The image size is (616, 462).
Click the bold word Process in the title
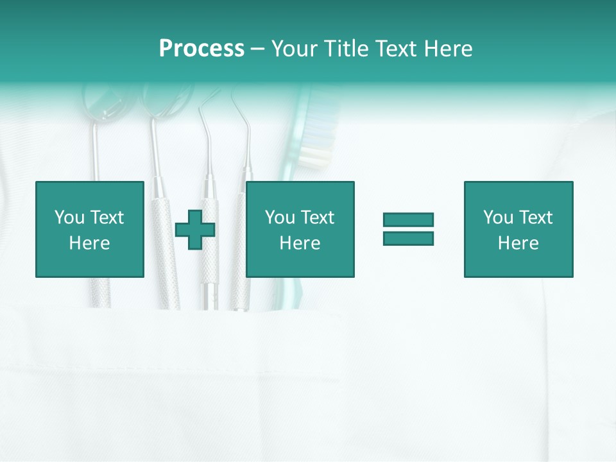click(x=201, y=49)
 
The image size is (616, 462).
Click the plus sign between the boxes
click(x=195, y=230)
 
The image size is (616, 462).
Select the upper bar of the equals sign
click(x=408, y=219)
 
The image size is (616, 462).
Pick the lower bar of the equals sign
click(x=408, y=238)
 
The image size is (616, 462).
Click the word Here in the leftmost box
click(x=89, y=243)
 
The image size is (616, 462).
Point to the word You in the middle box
click(x=280, y=218)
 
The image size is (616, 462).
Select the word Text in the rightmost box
click(x=536, y=218)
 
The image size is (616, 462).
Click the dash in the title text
click(x=258, y=49)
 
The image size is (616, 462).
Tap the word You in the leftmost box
click(x=69, y=218)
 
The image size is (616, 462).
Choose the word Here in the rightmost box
click(x=518, y=243)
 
